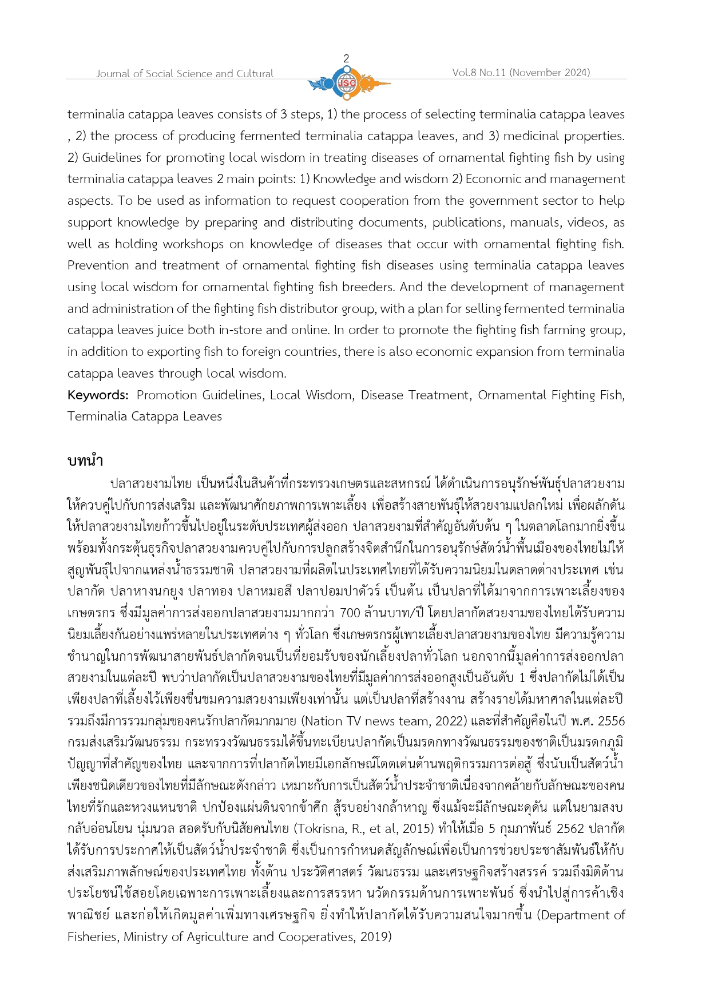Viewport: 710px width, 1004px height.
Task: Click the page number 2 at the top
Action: [346, 58]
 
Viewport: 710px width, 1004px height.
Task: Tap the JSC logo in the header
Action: [347, 84]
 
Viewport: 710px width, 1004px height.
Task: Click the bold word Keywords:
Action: [98, 395]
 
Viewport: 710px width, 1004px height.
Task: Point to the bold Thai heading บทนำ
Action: [85, 461]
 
